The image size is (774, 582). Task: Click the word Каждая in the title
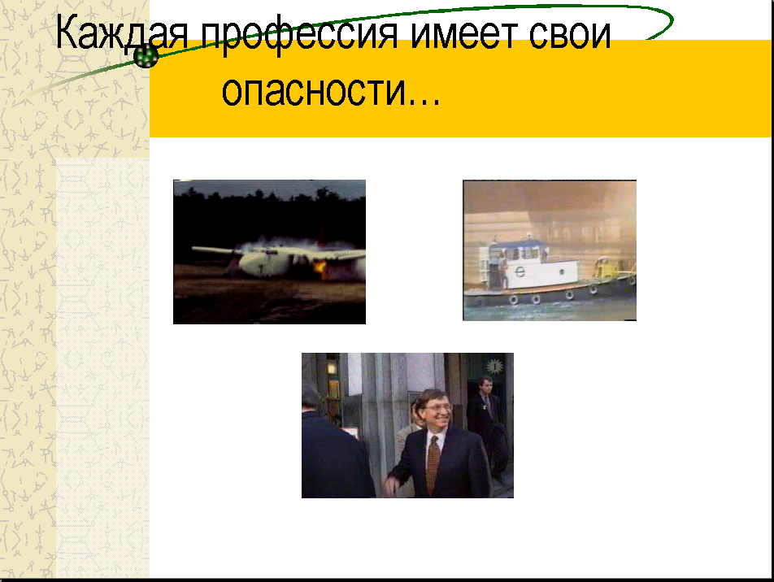122,33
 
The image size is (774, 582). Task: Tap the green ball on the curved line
146,56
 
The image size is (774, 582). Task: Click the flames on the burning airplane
320,269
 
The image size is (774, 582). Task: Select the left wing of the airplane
217,250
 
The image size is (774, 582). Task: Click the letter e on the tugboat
520,271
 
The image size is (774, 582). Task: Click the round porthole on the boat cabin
562,271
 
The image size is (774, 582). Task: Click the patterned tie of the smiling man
433,464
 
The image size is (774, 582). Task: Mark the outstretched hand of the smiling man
391,486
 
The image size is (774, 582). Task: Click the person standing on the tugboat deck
502,268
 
